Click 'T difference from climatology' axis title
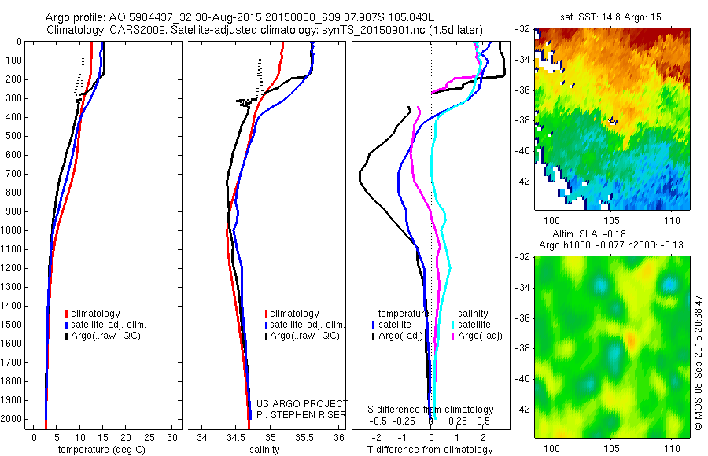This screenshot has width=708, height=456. (x=430, y=450)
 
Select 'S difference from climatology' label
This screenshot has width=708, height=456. (x=431, y=410)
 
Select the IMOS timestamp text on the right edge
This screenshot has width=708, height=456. (x=699, y=362)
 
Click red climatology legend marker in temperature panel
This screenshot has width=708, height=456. (x=66, y=314)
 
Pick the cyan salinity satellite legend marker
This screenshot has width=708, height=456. (x=452, y=324)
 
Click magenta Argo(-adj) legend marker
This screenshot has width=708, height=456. (x=452, y=336)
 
